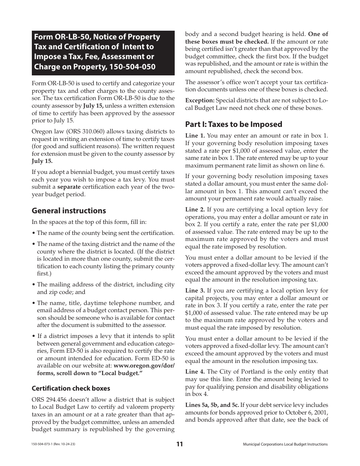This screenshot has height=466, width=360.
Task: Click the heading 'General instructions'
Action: pos(69,211)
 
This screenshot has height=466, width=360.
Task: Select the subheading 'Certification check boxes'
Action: pos(71,388)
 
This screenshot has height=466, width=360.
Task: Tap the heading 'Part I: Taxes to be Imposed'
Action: pos(233,124)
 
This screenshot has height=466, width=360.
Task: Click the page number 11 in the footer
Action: pos(179,444)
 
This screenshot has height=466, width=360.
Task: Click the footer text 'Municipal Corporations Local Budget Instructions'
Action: pos(285,444)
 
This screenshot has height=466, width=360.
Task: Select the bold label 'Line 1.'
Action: pos(195,136)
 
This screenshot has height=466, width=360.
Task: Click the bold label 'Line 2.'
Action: pos(195,210)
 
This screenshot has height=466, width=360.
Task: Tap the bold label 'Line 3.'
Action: pos(195,291)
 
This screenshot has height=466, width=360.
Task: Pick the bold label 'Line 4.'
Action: pos(195,372)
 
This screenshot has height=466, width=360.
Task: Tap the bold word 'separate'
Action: pos(69,187)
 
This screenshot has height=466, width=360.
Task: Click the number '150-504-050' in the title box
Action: pos(132,66)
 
